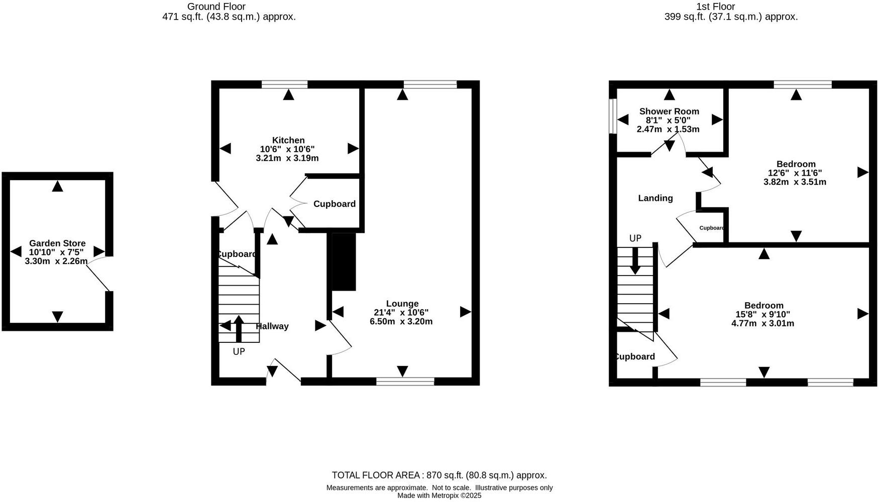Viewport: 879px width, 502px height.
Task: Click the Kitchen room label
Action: point(288,140)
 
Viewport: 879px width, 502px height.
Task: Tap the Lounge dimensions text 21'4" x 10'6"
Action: point(401,313)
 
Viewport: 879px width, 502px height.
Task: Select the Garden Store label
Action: point(57,243)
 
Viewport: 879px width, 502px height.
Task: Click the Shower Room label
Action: point(669,111)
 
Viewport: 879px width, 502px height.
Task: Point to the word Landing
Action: point(655,198)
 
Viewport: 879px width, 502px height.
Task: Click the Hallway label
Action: point(272,326)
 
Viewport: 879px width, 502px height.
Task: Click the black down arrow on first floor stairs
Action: point(635,261)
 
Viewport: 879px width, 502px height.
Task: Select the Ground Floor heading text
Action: point(216,7)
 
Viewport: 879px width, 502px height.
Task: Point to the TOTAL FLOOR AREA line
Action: point(439,475)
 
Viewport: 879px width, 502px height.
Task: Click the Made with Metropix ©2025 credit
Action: point(439,495)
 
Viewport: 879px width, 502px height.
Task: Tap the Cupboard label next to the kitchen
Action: point(334,204)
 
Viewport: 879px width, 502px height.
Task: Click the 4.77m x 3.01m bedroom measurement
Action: point(762,323)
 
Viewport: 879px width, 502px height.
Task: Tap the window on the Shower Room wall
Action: point(612,116)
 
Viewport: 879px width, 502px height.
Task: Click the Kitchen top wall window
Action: point(284,84)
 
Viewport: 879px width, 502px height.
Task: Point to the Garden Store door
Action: point(99,274)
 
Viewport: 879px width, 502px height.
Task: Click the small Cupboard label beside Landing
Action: point(712,228)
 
